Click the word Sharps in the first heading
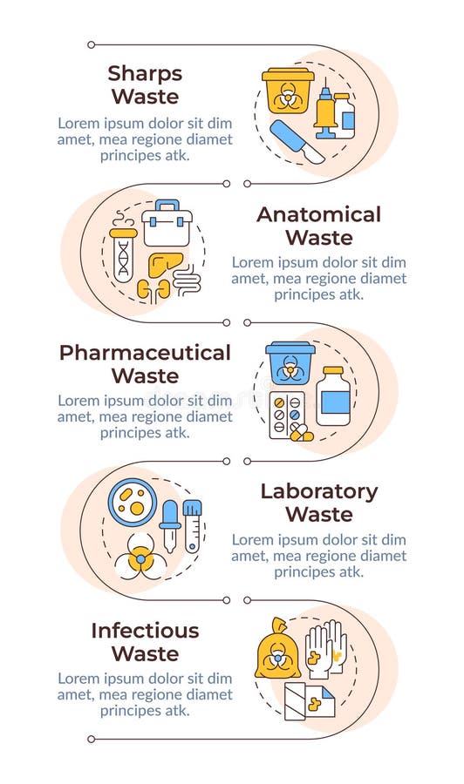(x=144, y=72)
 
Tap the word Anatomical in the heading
(x=318, y=214)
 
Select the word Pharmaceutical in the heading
(x=145, y=353)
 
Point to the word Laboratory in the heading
(x=318, y=491)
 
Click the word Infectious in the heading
(x=145, y=630)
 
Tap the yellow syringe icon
(x=324, y=113)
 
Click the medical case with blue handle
(x=167, y=224)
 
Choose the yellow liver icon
(x=166, y=264)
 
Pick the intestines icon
(x=187, y=280)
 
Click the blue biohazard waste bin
(x=290, y=363)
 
